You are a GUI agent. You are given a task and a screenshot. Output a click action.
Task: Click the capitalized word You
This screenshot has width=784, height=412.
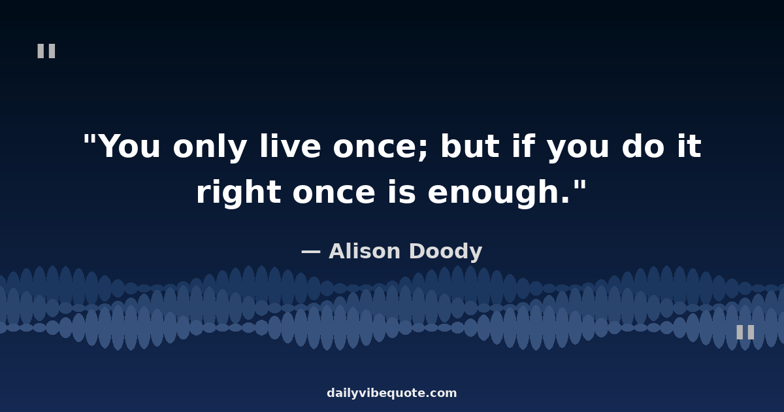[130, 146]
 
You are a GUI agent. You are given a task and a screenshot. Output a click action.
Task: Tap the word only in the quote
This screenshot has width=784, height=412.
[210, 146]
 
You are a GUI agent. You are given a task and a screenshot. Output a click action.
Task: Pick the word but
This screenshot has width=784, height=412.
[470, 145]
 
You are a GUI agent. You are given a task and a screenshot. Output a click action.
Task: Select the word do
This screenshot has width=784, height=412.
[643, 145]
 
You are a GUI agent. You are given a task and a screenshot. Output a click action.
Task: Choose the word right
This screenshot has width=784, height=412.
[238, 192]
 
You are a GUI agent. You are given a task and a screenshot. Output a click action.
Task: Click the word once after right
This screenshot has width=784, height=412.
[335, 194]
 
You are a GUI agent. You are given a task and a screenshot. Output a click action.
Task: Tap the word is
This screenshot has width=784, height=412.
[402, 191]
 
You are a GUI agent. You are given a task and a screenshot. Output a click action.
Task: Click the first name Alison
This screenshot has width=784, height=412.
[365, 251]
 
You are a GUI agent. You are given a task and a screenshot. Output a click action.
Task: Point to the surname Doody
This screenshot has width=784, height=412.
[446, 252]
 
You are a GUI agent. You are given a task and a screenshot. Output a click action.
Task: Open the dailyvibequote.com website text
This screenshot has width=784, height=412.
[391, 393]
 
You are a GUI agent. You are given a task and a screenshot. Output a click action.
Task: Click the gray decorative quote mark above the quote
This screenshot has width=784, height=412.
[46, 51]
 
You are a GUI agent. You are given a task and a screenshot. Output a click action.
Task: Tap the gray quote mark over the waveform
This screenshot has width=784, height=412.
[745, 332]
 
